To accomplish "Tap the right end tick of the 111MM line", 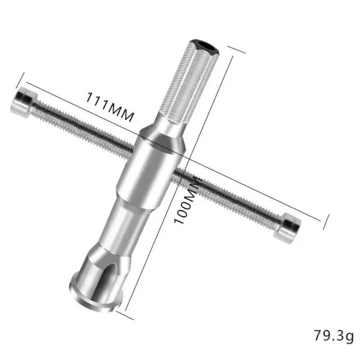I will (x=321, y=220).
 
